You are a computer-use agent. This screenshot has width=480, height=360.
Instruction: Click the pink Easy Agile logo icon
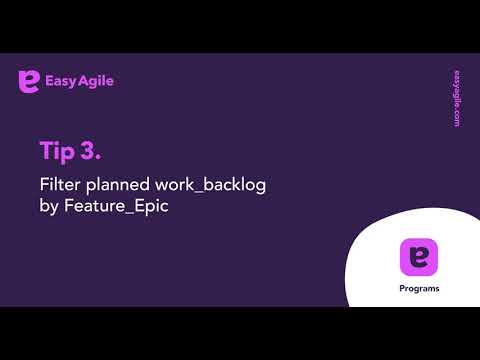(29, 81)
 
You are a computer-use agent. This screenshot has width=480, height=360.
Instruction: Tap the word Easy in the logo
(61, 81)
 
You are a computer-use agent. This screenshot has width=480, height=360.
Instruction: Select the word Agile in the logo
(96, 81)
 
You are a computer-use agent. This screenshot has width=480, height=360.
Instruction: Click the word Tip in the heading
(57, 151)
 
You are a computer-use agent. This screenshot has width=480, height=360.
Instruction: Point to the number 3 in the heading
(92, 151)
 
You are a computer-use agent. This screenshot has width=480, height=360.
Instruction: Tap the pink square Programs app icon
(417, 258)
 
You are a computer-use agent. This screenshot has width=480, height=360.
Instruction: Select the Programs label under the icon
(417, 289)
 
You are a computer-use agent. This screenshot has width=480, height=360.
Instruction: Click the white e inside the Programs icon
(417, 258)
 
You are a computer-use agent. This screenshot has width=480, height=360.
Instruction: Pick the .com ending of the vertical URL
(456, 118)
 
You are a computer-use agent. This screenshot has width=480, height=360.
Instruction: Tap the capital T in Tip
(46, 151)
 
